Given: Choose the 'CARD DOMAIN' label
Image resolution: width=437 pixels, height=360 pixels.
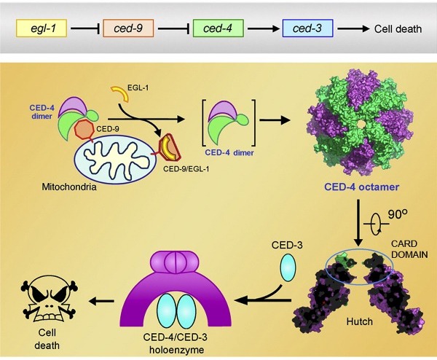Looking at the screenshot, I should pyautogui.click(x=408, y=248).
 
